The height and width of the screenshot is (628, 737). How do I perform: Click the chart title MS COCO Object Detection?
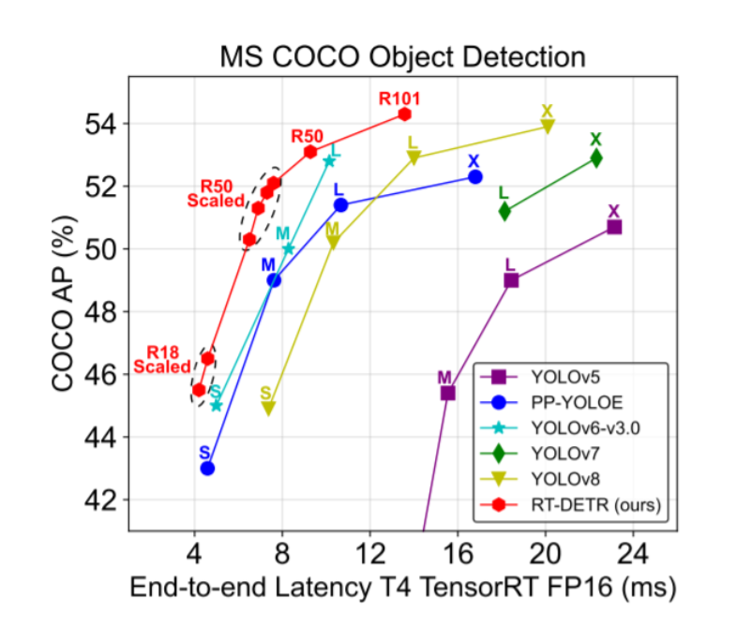click(402, 56)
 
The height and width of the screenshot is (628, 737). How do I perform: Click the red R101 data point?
click(404, 113)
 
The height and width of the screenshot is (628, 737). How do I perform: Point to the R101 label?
click(399, 97)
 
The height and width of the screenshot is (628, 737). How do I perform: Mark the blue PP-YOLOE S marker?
click(207, 468)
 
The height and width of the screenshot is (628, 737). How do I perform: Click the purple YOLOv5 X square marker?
click(614, 227)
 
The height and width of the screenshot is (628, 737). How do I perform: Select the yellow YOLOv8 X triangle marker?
click(548, 126)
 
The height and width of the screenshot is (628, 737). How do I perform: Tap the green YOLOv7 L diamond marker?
click(504, 211)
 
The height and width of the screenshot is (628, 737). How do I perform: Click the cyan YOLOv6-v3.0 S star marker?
click(217, 405)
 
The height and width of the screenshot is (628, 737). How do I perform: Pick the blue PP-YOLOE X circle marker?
click(475, 176)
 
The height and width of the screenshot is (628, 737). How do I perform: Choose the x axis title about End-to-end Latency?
click(402, 588)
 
